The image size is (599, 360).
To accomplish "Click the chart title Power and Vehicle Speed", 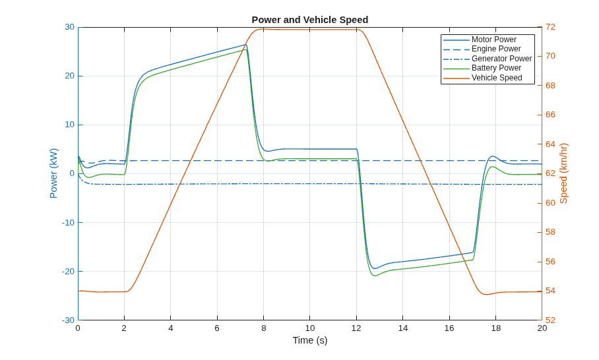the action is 310,20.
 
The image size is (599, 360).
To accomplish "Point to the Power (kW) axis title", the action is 53,173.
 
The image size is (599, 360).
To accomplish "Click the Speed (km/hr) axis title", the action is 563,173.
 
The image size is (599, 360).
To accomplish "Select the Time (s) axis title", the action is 310,340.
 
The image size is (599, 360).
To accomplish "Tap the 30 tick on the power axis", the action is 69,27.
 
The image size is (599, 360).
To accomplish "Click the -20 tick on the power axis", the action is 68,272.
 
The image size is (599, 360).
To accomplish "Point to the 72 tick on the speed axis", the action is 550,27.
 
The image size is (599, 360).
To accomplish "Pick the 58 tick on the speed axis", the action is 550,232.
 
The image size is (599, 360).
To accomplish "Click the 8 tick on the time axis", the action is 264,328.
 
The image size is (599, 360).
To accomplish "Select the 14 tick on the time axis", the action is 402,328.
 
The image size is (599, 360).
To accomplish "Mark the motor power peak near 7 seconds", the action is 246,45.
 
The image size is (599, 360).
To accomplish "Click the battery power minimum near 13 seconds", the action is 375,276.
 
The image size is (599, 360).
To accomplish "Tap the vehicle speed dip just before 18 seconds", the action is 486,294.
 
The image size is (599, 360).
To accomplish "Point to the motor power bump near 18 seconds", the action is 493,156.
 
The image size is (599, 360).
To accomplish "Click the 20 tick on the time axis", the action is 542,328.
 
